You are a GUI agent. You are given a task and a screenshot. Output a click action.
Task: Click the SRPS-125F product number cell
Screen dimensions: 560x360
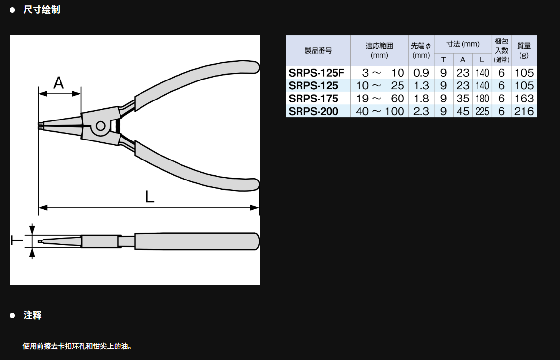click(317, 73)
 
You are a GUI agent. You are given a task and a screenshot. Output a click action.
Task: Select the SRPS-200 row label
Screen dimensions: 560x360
click(313, 111)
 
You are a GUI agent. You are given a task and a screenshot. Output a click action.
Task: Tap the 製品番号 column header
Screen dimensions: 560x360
click(318, 50)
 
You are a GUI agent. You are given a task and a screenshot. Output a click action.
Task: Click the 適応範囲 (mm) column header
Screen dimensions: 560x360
click(380, 50)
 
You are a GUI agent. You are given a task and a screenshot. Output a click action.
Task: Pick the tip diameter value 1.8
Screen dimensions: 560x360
click(421, 99)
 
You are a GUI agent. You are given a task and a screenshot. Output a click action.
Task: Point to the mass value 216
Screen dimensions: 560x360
click(524, 111)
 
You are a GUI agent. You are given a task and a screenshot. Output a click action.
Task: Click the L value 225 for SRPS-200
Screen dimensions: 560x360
click(482, 111)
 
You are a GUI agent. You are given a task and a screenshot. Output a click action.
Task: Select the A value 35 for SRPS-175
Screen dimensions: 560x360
click(463, 99)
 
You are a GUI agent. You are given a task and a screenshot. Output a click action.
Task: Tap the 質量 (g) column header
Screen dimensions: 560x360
click(524, 50)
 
